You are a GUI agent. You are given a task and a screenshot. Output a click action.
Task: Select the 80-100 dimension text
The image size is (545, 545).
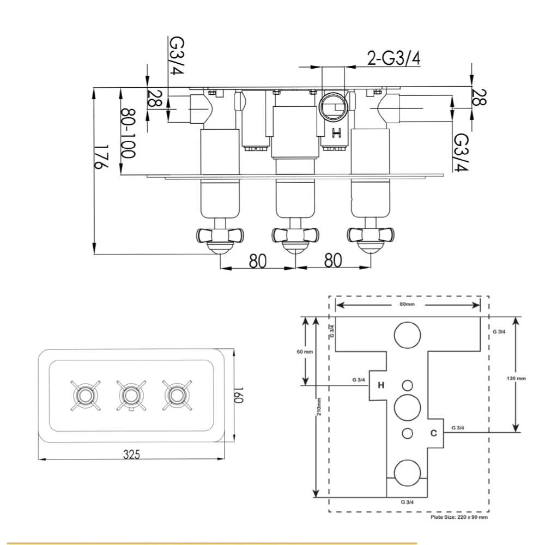[128, 134]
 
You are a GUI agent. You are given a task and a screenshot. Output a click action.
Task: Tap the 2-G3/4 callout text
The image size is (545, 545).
[393, 57]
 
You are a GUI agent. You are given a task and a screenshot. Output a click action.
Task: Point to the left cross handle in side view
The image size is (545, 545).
[220, 235]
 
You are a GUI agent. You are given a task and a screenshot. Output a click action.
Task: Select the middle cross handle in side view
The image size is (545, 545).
[295, 235]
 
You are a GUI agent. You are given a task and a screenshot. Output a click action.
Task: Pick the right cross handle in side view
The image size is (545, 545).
[371, 235]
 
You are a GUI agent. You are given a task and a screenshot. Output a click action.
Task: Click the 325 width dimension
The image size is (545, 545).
[131, 454]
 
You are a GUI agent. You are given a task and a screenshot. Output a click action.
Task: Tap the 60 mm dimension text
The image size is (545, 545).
[305, 352]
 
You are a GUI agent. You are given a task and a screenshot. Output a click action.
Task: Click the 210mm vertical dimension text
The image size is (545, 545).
[318, 407]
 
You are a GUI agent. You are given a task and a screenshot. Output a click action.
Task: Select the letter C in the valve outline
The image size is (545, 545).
[433, 433]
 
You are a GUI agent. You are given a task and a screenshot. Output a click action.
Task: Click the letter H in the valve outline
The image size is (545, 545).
[381, 385]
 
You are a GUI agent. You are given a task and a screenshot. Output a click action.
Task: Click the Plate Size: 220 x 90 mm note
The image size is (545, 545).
[459, 517]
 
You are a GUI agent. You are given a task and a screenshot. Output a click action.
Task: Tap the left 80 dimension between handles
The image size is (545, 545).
[257, 261]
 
